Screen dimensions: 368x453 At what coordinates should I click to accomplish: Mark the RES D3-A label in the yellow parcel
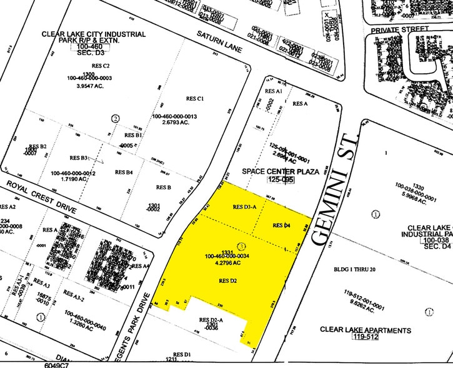[244, 207]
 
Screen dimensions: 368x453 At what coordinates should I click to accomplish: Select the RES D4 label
[283, 225]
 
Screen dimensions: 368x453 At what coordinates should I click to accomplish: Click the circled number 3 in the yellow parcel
[241, 246]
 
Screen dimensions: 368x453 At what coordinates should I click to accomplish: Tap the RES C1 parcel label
[196, 98]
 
